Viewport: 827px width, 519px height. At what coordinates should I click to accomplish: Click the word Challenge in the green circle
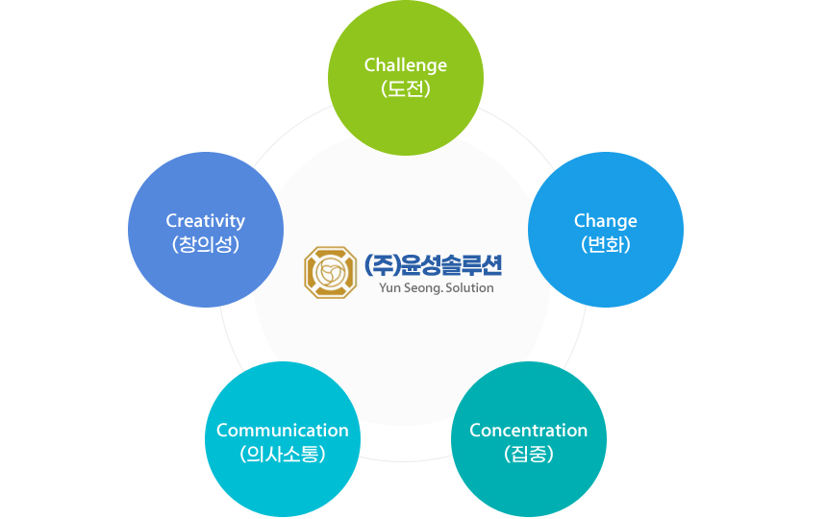coord(406,65)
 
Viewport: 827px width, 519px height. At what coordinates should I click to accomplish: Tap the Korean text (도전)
coord(406,88)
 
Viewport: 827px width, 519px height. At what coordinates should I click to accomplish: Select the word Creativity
coord(206,221)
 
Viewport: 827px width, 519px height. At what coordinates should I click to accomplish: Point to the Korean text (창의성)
coord(206,244)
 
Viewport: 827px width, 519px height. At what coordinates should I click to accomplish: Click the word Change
coord(606,221)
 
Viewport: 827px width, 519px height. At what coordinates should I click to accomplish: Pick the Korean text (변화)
coord(606,244)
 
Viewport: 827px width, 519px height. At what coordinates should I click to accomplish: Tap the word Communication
coord(283,431)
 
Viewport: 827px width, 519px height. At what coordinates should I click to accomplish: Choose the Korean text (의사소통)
coord(283,454)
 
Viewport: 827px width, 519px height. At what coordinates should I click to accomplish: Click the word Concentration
coord(529,431)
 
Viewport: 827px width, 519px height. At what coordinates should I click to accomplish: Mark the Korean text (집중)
coord(529,454)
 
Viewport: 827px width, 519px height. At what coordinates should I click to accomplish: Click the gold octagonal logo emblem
coord(330,272)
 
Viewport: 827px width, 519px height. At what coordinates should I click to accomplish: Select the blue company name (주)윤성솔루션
coord(433,265)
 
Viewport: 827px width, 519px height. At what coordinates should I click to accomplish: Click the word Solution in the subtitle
coord(469,287)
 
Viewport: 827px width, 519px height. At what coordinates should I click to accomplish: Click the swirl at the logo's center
coord(330,272)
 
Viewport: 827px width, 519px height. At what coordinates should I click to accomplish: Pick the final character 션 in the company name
coord(490,265)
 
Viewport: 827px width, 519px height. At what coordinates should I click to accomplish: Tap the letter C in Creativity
coord(171,221)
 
